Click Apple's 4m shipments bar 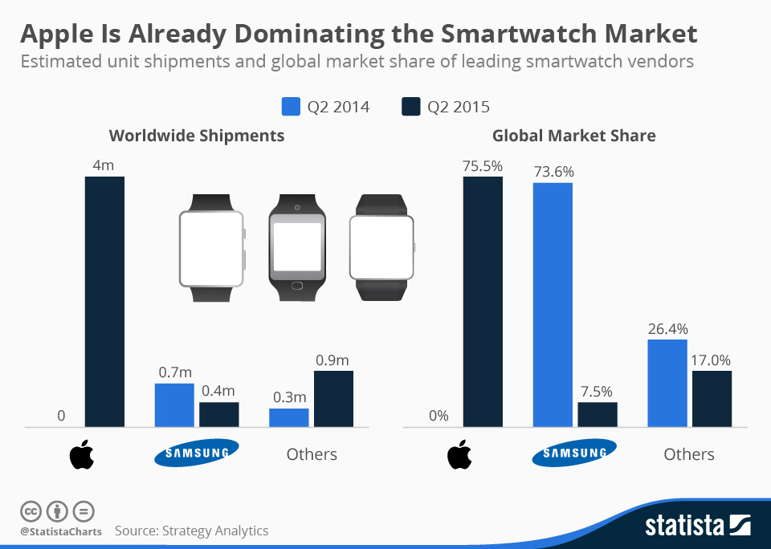tap(104, 302)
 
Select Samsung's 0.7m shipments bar tap(174, 405)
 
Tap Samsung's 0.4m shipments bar tap(219, 415)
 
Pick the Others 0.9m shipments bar tap(333, 399)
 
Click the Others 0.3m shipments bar tap(288, 417)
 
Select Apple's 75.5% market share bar tap(483, 302)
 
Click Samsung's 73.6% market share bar tap(552, 305)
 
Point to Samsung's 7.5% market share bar tap(597, 415)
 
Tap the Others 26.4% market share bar tap(667, 384)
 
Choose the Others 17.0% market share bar tap(712, 399)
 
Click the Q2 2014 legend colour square tap(290, 107)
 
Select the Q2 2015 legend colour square tap(410, 107)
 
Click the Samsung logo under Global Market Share tap(573, 453)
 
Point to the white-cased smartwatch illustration tap(211, 248)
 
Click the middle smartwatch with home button tap(298, 248)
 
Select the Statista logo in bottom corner tap(698, 526)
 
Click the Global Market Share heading tap(573, 136)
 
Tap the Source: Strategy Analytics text tap(191, 531)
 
